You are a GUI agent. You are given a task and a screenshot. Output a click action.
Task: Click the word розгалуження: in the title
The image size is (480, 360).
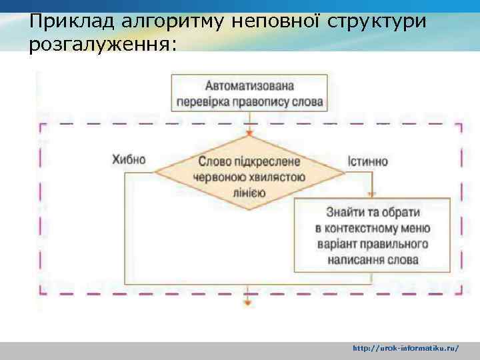pyautogui.click(x=103, y=45)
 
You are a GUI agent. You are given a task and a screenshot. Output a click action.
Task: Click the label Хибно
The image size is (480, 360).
pyautogui.click(x=129, y=161)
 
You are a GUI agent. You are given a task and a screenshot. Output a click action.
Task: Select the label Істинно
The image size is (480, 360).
pyautogui.click(x=367, y=161)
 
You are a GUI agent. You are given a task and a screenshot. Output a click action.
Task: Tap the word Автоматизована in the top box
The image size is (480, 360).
pyautogui.click(x=249, y=86)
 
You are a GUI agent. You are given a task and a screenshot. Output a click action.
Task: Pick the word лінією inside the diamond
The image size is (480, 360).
pyautogui.click(x=249, y=193)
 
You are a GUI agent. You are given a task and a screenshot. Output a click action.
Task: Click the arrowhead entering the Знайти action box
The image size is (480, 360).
pyautogui.click(x=371, y=195)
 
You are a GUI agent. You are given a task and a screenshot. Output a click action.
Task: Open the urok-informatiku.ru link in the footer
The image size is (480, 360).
pyautogui.click(x=405, y=348)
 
